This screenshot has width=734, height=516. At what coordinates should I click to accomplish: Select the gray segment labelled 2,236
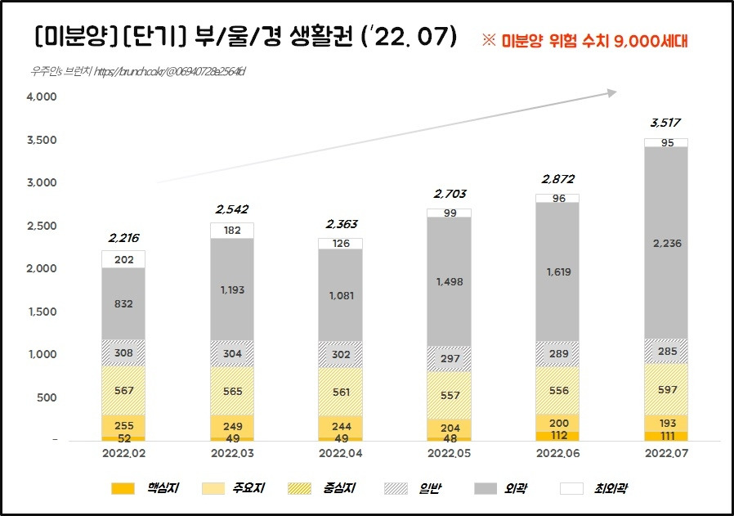(665, 243)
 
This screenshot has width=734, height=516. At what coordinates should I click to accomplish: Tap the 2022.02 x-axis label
(123, 451)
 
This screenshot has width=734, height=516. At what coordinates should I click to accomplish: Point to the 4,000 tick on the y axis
(41, 97)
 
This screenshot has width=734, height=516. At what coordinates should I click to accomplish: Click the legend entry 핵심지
(147, 488)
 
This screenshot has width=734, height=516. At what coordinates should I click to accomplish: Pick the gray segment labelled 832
(123, 303)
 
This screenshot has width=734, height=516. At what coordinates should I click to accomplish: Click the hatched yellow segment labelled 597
(665, 389)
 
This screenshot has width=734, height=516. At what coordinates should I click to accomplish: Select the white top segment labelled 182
(231, 231)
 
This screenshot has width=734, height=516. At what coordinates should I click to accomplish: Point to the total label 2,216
(123, 238)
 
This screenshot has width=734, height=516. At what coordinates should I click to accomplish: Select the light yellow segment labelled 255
(123, 425)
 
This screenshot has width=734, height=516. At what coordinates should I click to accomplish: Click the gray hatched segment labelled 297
(449, 359)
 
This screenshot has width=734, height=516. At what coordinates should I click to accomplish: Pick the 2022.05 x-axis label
(449, 451)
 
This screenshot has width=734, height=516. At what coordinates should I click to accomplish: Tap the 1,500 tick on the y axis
(41, 312)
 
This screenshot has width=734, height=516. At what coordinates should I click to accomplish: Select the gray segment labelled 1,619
(557, 271)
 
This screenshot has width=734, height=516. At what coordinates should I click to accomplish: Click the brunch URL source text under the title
(135, 72)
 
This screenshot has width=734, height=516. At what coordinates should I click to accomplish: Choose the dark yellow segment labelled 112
(557, 435)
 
